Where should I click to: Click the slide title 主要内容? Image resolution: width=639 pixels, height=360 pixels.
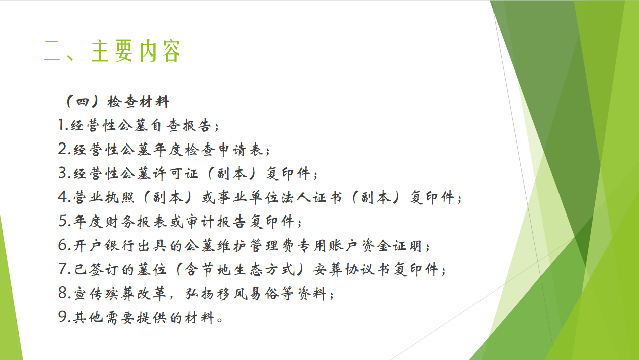136,51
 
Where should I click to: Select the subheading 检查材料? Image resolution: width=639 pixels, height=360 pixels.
138,102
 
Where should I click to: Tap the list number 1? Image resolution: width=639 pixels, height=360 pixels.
61,125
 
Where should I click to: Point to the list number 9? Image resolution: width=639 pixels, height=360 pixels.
62,317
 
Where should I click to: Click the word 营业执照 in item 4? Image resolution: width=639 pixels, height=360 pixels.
104,197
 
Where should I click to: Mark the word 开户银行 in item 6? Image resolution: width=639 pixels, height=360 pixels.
104,246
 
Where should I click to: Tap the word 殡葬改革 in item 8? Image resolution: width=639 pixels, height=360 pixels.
136,294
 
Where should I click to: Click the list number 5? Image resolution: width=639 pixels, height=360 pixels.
62,221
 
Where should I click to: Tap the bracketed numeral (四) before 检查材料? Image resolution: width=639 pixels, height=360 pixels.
83,102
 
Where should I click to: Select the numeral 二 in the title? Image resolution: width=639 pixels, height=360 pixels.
52,51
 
